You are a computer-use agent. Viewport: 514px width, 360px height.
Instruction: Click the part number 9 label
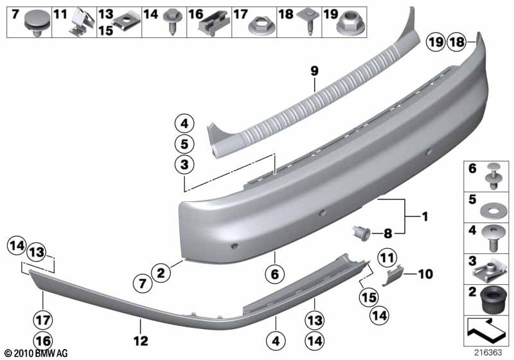click(x=314, y=71)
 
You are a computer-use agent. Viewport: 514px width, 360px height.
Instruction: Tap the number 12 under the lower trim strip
click(x=141, y=341)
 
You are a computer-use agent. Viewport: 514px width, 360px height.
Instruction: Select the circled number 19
click(x=436, y=42)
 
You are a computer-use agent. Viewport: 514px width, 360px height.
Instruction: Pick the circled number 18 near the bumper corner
click(x=457, y=42)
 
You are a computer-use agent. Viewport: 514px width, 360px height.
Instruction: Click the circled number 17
click(x=43, y=320)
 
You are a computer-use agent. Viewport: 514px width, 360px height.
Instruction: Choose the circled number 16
click(x=43, y=341)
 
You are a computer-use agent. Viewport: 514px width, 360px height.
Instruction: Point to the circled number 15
click(x=369, y=298)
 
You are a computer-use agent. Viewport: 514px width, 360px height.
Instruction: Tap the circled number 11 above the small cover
click(x=387, y=258)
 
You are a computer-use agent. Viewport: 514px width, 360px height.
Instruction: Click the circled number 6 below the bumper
click(x=275, y=273)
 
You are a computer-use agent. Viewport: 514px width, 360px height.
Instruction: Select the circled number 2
click(x=161, y=273)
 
